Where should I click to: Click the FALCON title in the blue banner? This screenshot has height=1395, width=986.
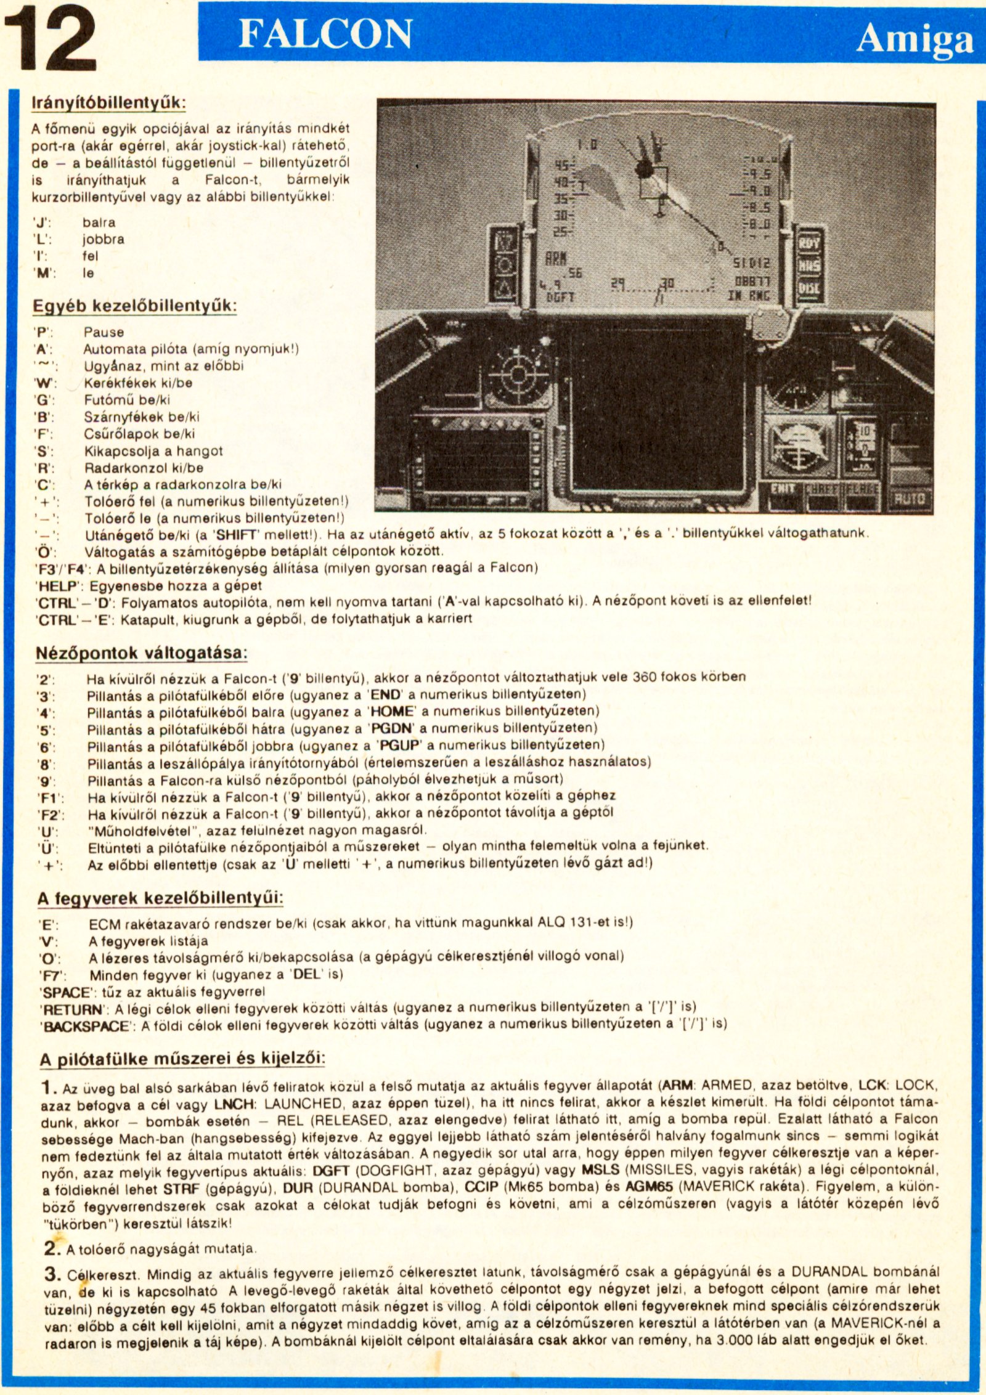click(325, 34)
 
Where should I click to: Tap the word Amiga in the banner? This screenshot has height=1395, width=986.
click(915, 39)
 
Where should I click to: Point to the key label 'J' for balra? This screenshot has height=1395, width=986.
click(43, 222)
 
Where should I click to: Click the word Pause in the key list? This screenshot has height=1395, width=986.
click(104, 332)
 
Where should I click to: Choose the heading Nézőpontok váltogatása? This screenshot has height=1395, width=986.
click(142, 653)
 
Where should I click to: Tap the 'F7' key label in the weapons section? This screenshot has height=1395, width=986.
click(52, 975)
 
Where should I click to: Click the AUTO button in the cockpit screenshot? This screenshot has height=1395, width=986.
click(908, 498)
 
